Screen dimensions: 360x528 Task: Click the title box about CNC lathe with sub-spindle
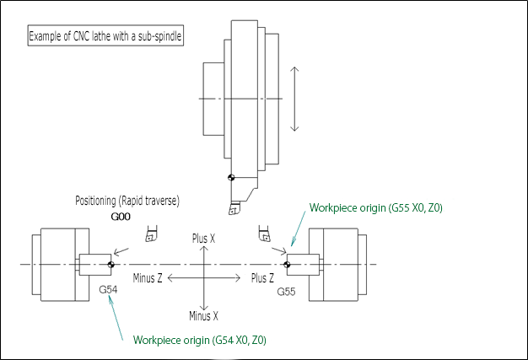106,37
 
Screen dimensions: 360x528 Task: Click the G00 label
121,217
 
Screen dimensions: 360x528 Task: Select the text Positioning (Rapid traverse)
127,201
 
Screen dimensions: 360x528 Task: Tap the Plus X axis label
204,239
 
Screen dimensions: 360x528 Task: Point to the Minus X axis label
204,316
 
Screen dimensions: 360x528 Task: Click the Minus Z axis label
148,277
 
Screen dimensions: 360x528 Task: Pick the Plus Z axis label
261,277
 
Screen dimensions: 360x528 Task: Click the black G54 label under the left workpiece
109,289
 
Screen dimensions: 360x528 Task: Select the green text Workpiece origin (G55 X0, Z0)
376,207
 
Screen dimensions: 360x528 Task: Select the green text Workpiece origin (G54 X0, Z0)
200,340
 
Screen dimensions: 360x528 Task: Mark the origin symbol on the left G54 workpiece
110,264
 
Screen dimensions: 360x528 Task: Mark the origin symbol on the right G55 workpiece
288,264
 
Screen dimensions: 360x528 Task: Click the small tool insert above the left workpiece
151,235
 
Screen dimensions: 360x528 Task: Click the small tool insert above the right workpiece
263,235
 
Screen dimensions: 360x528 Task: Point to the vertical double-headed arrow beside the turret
294,99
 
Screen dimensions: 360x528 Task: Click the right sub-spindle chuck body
337,264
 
